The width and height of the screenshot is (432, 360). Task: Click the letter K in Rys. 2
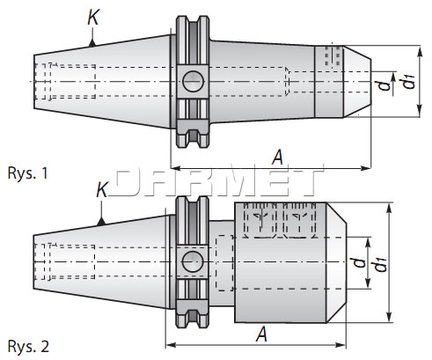[x=101, y=190]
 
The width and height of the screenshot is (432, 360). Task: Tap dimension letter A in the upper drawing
[x=277, y=156]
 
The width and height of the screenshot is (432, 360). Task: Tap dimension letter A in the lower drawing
[x=261, y=334]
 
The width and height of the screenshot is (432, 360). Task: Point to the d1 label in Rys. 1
[x=406, y=82]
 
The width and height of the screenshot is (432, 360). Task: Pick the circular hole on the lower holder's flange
[x=191, y=261]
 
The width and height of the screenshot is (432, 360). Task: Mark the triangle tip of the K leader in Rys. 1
[x=91, y=40]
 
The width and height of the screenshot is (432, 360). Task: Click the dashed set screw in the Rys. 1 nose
[x=333, y=55]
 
